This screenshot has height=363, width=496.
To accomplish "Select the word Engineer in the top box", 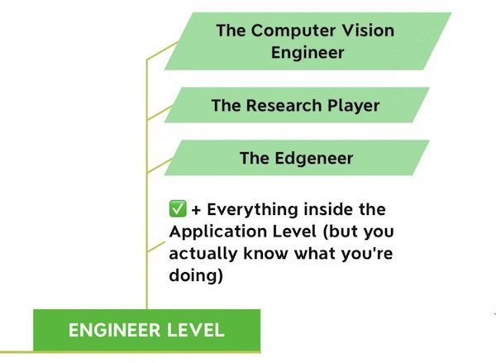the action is tap(308, 52).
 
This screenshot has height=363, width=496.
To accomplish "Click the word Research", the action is tap(284, 105).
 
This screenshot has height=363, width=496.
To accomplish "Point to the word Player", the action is tap(353, 106).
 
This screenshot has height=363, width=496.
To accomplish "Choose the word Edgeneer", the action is tap(314, 158).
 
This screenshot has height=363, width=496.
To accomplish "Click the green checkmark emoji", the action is tap(178, 208).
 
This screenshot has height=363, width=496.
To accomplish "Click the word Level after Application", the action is tap(293, 232).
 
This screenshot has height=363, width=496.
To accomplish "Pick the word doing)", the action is tap(196, 275).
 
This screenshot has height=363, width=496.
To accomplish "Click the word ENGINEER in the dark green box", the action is tap(114, 330).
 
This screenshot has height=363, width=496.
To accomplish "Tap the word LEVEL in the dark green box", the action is tap(195, 330).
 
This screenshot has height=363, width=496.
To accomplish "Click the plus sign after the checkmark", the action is tap(196, 210).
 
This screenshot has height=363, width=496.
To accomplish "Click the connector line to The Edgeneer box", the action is tap(160, 165).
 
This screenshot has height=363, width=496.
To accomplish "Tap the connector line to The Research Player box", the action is tap(160, 113).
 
